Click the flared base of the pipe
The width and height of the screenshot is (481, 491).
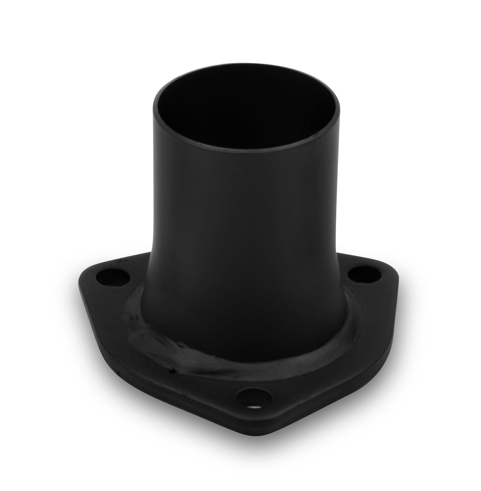click(243, 321)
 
